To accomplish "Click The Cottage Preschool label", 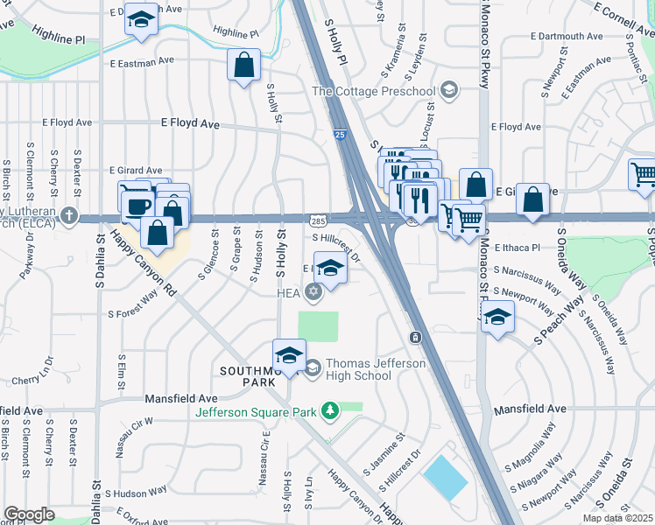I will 374,91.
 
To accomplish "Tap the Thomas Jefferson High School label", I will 358,369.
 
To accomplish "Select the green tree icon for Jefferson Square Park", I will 329,410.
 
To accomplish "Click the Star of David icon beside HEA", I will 314,292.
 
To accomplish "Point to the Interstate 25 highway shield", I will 340,134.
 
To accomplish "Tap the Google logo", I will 29,514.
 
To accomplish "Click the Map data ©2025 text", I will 617,518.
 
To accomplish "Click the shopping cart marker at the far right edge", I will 643,174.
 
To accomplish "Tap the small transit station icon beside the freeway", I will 415,336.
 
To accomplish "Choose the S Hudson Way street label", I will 130,493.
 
